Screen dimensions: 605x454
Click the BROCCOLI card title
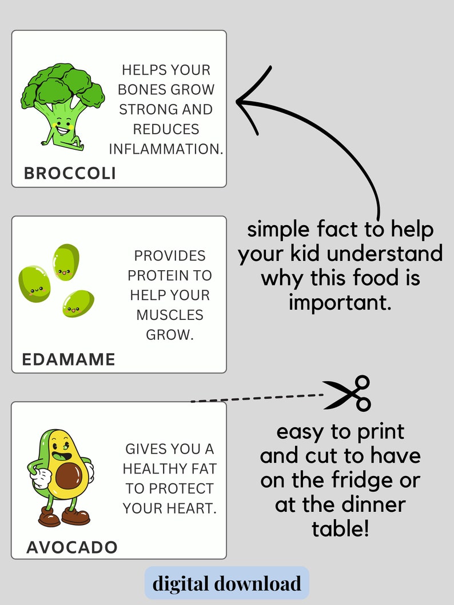coord(70,173)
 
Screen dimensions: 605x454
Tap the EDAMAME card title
coord(69,359)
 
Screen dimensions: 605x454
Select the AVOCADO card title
coord(72,547)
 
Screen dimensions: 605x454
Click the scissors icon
coord(349,393)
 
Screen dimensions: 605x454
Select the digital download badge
coord(226,583)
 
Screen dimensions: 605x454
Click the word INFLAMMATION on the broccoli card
coord(165,149)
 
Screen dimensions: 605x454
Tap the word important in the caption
coord(340,302)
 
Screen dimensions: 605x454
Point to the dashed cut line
coord(257,398)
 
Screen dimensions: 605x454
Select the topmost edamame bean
coord(66,262)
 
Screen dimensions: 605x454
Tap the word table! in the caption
coord(340,528)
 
